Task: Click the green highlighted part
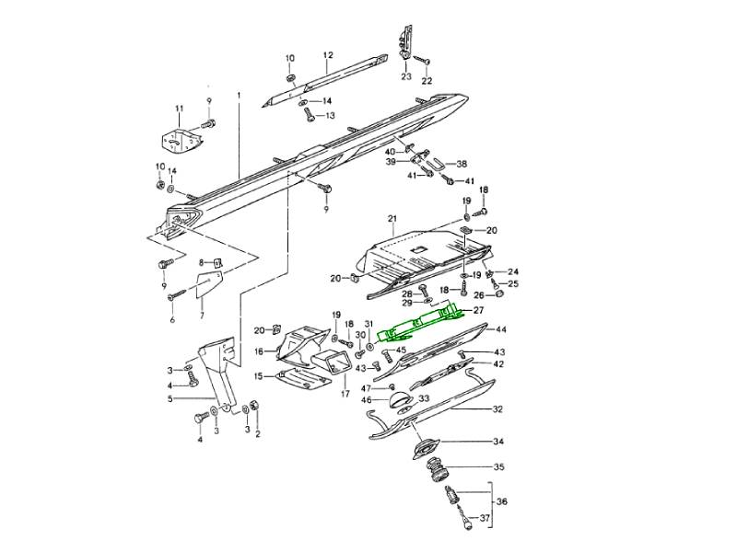[x=424, y=317]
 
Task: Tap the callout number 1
[x=238, y=95]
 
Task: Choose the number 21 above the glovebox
[x=391, y=218]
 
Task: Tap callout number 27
[x=478, y=311]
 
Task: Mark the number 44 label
[x=501, y=329]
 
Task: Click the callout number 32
[x=497, y=408]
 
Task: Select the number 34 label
[x=498, y=442]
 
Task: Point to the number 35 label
[x=498, y=467]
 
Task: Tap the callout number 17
[x=345, y=394]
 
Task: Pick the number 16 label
[x=259, y=351]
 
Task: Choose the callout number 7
[x=201, y=316]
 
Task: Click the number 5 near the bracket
[x=170, y=399]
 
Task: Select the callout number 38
[x=462, y=163]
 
